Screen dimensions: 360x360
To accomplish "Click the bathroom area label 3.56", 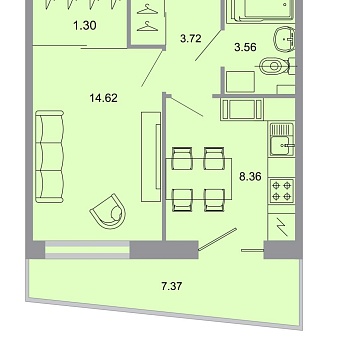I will point(247,45).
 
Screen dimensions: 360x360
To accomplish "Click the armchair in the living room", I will point(109,211).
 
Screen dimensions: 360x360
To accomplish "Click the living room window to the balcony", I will point(85,246).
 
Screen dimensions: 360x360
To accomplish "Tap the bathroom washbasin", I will point(286,38).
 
